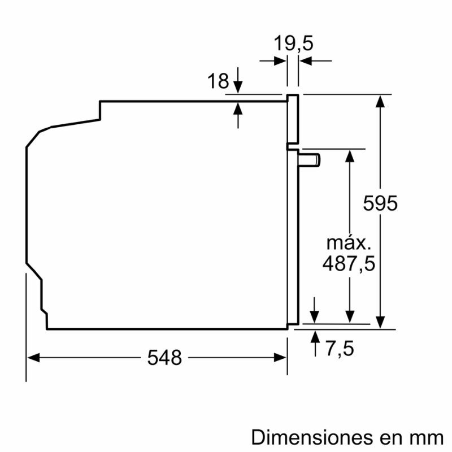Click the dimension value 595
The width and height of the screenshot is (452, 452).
pos(380,203)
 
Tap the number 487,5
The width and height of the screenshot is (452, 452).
pos(349,263)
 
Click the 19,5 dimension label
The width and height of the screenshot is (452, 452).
pos(293,44)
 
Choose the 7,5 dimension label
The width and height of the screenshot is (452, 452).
pos(340,349)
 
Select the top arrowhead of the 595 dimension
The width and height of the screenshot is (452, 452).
pos(382,101)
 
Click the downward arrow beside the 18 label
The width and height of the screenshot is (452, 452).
pos(238,85)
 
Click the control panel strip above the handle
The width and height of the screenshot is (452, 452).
pos(293,118)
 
